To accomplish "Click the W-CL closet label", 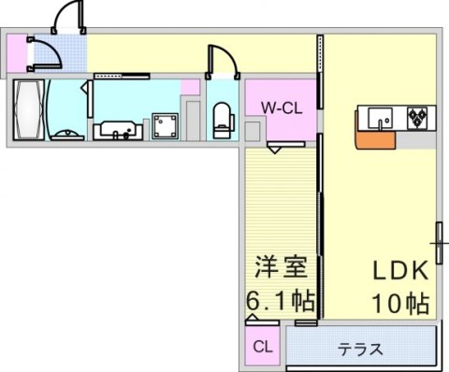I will (280, 107).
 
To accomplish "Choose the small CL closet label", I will (263, 347).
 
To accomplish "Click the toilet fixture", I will (223, 117).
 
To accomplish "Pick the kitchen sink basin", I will (380, 119).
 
